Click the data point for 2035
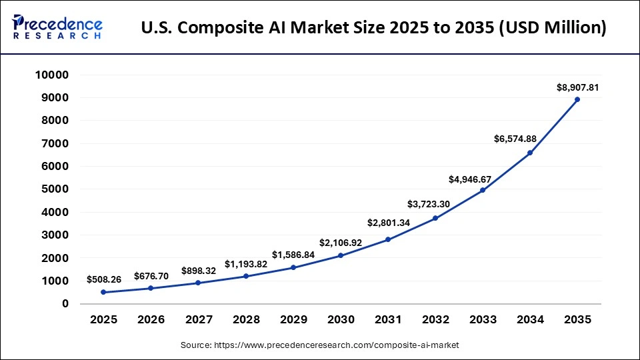click(x=577, y=99)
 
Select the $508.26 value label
click(x=103, y=279)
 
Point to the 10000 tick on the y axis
click(x=52, y=75)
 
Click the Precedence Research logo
click(x=57, y=27)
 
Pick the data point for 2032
click(x=435, y=218)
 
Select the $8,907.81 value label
click(x=577, y=87)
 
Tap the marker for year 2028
click(x=245, y=276)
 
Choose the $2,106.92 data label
click(x=340, y=243)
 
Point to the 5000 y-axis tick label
click(x=55, y=189)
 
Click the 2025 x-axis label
click(x=103, y=320)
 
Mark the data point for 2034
click(x=529, y=153)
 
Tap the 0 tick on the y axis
click(x=65, y=303)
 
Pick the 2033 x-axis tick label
click(x=482, y=320)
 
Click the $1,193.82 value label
click(x=245, y=263)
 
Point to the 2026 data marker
click(x=151, y=288)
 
